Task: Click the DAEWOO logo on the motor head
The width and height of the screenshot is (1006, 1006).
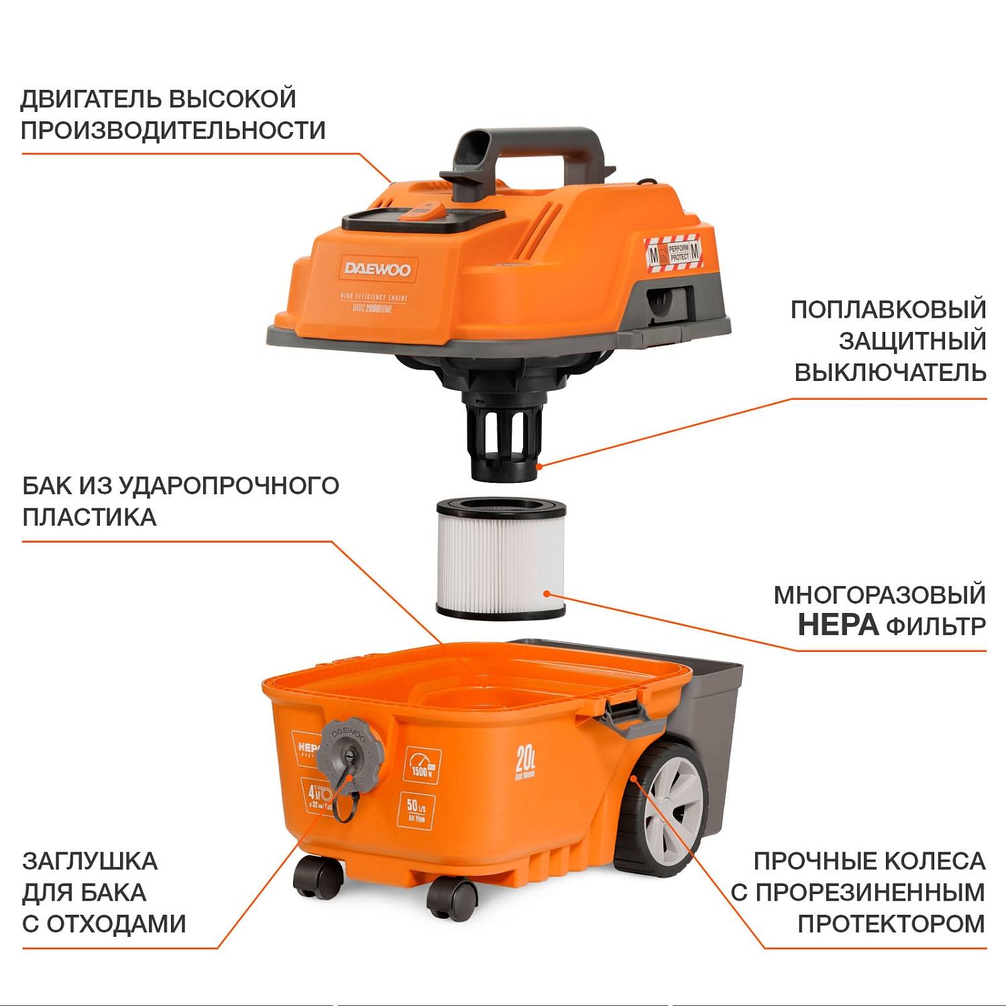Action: (x=378, y=270)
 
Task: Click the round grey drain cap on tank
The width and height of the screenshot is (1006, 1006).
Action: (x=350, y=754)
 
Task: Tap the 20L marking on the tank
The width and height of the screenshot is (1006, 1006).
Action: (x=525, y=761)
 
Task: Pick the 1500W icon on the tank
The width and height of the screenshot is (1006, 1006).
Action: (x=422, y=765)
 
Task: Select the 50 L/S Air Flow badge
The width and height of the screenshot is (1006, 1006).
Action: (x=416, y=809)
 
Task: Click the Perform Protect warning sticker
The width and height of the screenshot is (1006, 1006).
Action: (x=673, y=253)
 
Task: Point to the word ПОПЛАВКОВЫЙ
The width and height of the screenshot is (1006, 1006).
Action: (x=888, y=310)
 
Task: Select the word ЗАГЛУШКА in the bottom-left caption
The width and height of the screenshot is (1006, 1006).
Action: (x=90, y=861)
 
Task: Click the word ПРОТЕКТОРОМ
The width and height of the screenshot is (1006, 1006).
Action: (x=891, y=924)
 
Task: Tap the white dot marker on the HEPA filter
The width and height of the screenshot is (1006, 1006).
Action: (x=547, y=594)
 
